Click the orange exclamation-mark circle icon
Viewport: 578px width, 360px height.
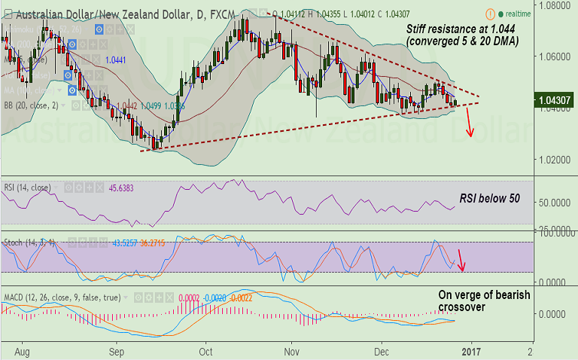[x=491, y=14]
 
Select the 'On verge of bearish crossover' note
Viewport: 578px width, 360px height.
[x=485, y=301]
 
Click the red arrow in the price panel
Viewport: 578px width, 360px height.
[x=469, y=122]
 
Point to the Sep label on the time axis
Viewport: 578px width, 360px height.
[x=116, y=351]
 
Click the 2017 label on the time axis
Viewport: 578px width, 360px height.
[x=472, y=351]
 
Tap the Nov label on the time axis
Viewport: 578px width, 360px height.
[x=292, y=351]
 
